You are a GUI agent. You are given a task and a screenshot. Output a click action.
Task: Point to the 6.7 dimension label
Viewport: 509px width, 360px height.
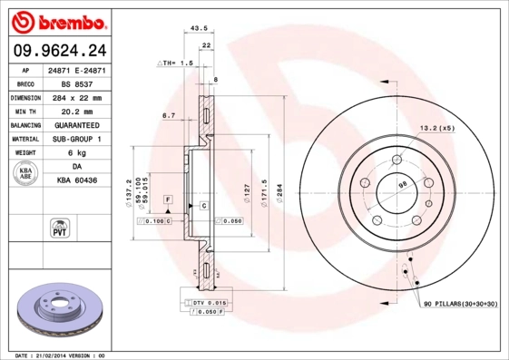pyautogui.click(x=168, y=115)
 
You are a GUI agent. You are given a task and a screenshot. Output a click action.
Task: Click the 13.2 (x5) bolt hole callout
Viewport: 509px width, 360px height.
pyautogui.click(x=436, y=128)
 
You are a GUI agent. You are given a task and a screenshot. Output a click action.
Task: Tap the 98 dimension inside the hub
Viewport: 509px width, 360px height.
pyautogui.click(x=401, y=187)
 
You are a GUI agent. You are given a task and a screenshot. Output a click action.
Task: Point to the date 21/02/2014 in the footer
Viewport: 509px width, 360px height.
pyautogui.click(x=56, y=355)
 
